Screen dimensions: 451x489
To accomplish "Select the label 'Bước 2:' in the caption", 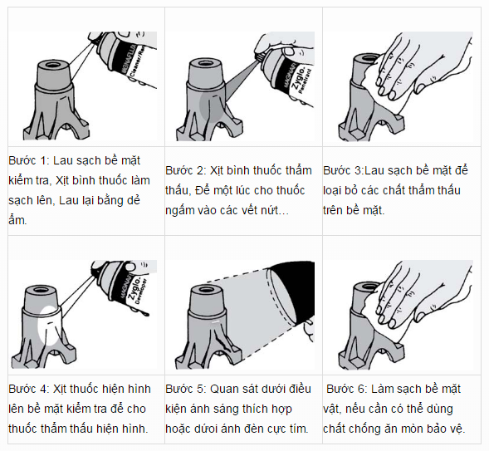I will tap(185, 170).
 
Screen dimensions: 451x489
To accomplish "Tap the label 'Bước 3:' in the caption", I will tap(342, 170).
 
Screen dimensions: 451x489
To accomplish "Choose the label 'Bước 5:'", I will tap(185, 389).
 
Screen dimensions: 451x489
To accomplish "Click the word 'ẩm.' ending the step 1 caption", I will tap(18, 220).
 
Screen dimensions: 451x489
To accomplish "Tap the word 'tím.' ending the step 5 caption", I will tap(296, 429).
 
